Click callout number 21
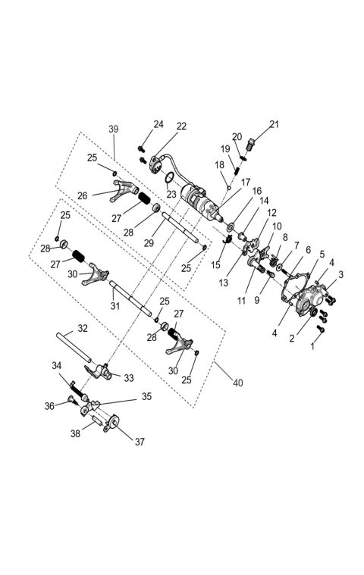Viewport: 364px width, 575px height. click(x=274, y=124)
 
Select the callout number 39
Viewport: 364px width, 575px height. click(x=114, y=130)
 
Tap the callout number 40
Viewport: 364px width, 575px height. click(x=238, y=383)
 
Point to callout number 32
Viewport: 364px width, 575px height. click(x=83, y=330)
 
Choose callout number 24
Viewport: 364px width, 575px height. click(x=158, y=124)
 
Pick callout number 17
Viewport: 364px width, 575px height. click(x=245, y=182)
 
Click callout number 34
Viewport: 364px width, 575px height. click(x=57, y=366)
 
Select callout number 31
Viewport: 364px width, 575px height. click(x=115, y=306)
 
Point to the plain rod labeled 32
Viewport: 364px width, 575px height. click(x=73, y=345)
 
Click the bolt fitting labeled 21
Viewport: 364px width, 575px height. click(x=253, y=142)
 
